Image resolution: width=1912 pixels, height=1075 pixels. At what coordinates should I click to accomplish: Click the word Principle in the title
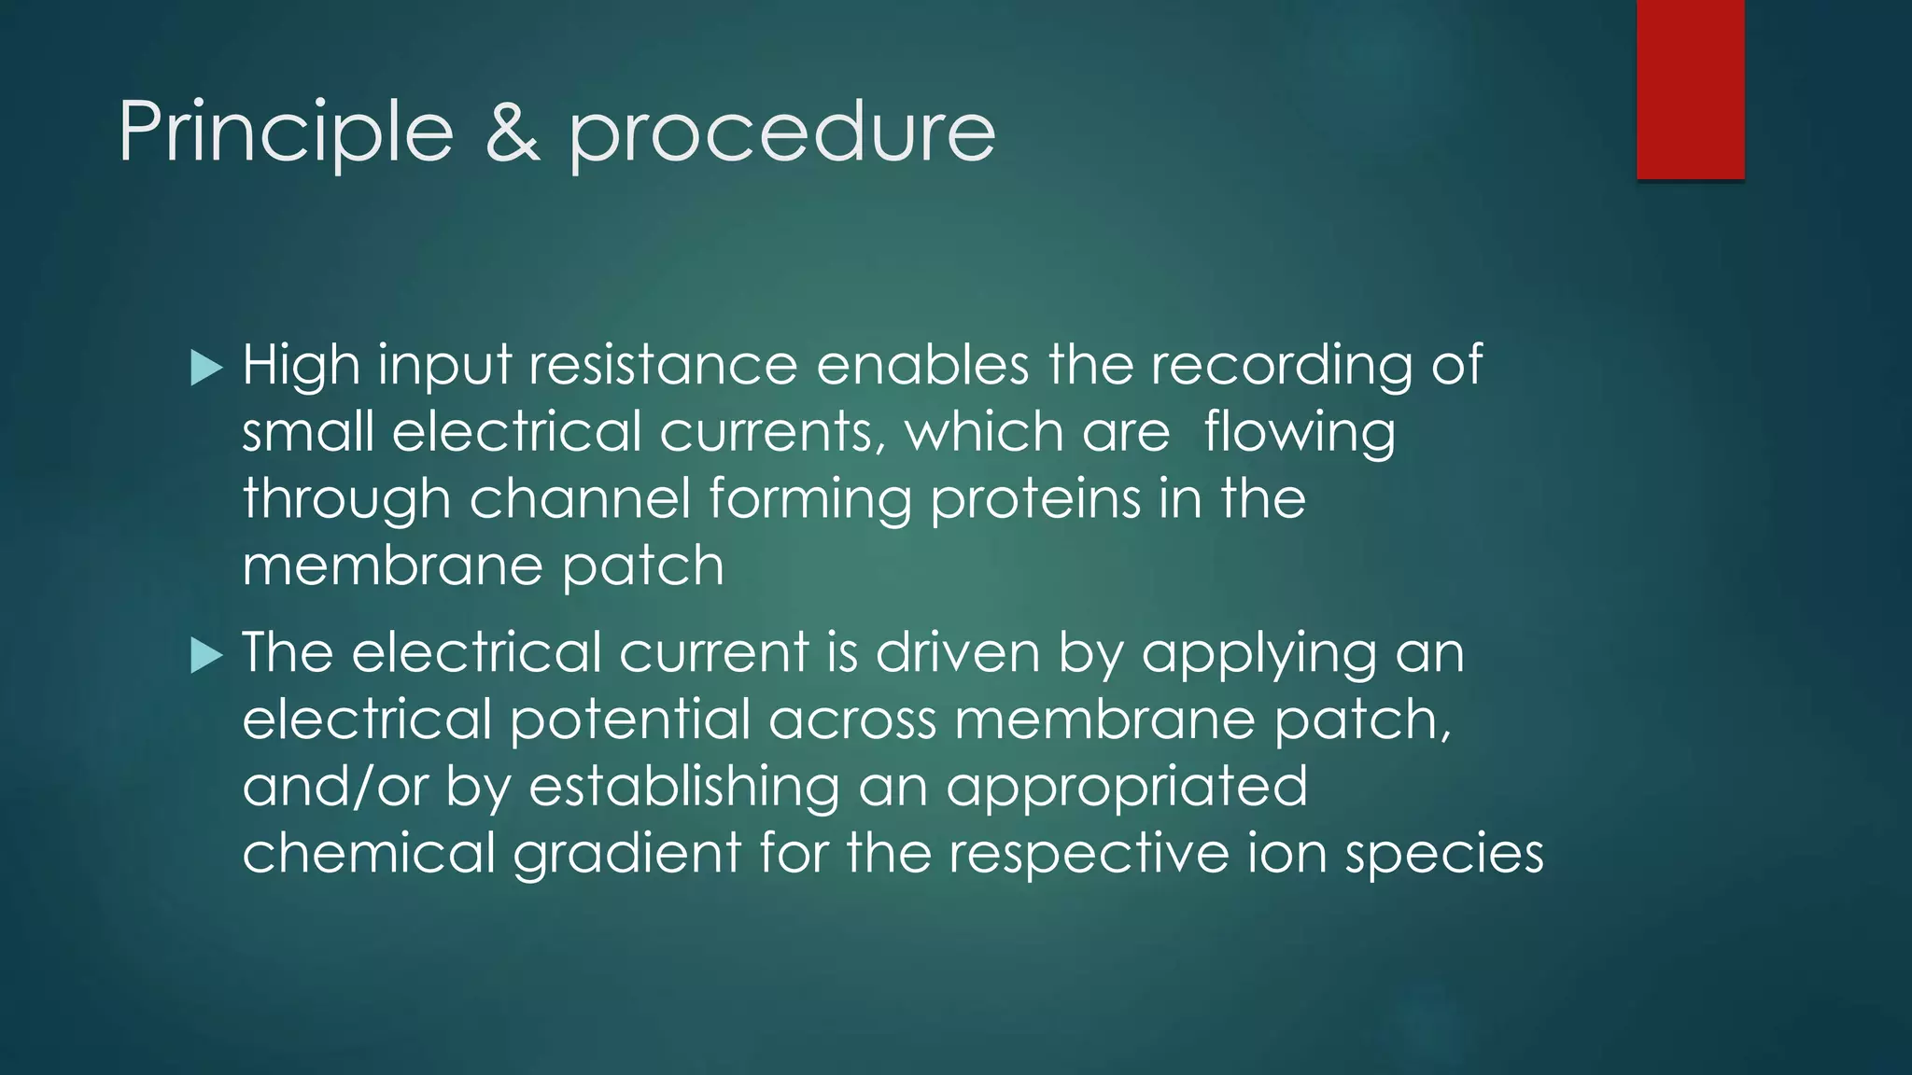click(x=286, y=133)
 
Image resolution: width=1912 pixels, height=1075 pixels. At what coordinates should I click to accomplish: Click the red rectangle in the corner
click(x=1690, y=89)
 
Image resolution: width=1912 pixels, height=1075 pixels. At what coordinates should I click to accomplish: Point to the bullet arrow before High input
click(x=206, y=368)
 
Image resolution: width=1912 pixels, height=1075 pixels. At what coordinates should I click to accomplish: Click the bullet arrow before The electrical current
click(x=206, y=655)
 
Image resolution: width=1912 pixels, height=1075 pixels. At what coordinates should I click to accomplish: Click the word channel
click(x=579, y=498)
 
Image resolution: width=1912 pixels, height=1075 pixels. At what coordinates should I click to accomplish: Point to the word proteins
click(x=1035, y=500)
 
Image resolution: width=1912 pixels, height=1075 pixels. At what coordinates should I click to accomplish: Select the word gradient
click(x=626, y=855)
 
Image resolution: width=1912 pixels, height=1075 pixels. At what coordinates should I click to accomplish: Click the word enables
click(x=922, y=364)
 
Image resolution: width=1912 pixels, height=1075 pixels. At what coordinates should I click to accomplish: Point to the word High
click(x=301, y=366)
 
